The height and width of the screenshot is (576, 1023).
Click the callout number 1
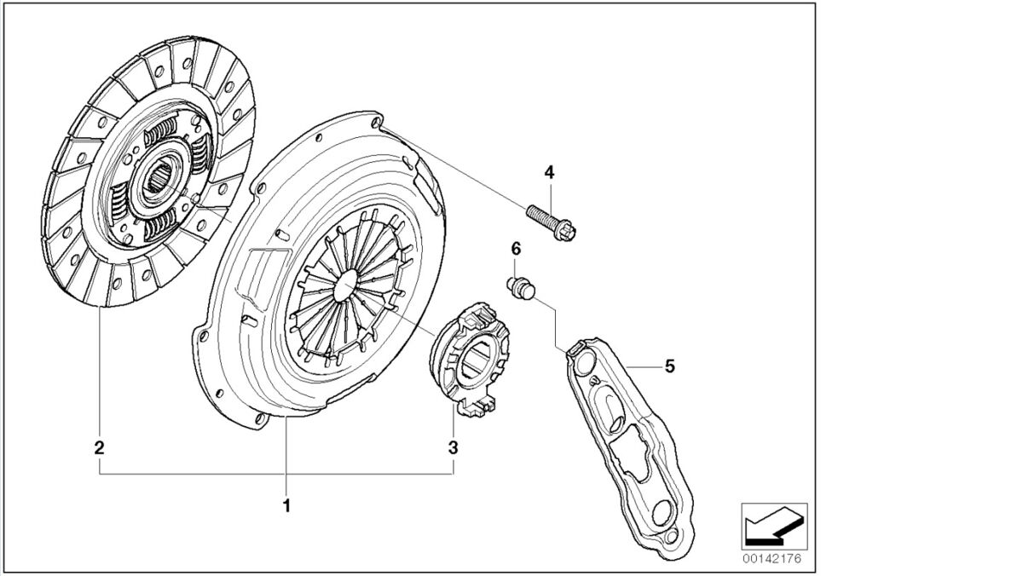pos(287,505)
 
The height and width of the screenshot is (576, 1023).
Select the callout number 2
pos(100,446)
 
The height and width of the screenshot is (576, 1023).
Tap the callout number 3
pos(453,446)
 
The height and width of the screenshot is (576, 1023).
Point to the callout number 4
pos(549,173)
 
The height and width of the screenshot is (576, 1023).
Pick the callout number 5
pos(670,366)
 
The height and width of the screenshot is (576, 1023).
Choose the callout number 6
pos(516,249)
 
